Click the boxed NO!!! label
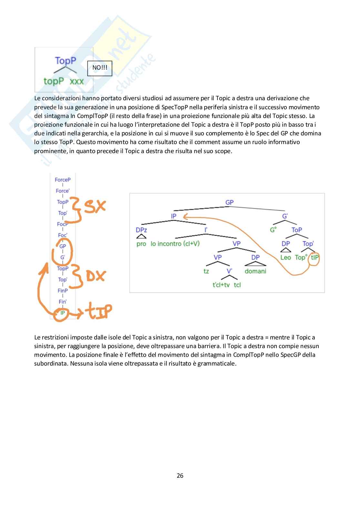coord(100,68)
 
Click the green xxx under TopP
coord(77,81)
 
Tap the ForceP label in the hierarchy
coord(63,180)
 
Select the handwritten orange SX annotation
coord(95,206)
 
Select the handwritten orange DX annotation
coord(95,276)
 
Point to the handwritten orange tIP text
coord(99,311)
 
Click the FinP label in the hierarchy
coord(63,291)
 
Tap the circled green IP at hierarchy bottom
coord(62,313)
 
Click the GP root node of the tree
coord(229,202)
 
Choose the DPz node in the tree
coord(141,230)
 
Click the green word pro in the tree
coord(141,244)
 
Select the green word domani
coord(255,271)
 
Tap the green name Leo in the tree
coord(285,257)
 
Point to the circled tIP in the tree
coord(315,258)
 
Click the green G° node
coord(273,230)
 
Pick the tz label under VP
coord(206,271)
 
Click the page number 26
coord(180,475)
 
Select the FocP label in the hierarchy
coord(62,224)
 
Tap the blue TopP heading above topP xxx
coord(65,61)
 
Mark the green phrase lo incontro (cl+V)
coord(175,244)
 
